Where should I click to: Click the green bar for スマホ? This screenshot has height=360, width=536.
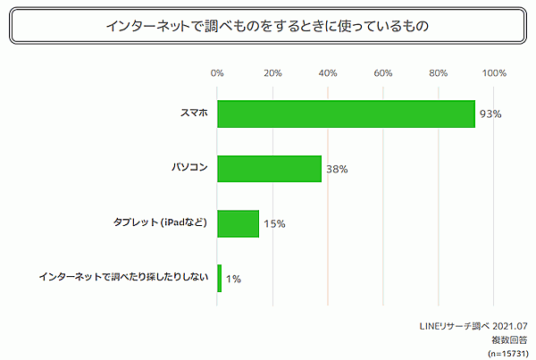pyautogui.click(x=346, y=114)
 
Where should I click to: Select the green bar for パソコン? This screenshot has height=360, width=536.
pyautogui.click(x=269, y=169)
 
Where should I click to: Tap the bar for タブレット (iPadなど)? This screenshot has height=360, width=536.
pyautogui.click(x=238, y=223)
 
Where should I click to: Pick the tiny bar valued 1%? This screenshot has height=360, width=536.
pyautogui.click(x=219, y=278)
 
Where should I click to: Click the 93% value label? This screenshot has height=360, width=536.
pyautogui.click(x=490, y=114)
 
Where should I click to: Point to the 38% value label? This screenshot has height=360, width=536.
pyautogui.click(x=337, y=169)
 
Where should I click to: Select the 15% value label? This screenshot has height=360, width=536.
pyautogui.click(x=274, y=223)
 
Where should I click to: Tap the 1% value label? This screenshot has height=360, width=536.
pyautogui.click(x=233, y=279)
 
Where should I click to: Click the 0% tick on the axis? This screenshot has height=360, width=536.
pyautogui.click(x=217, y=73)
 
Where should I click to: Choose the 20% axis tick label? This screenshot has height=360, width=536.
pyautogui.click(x=273, y=73)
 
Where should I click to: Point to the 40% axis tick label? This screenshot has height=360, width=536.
pyautogui.click(x=328, y=73)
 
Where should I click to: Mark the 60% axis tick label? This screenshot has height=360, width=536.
pyautogui.click(x=383, y=73)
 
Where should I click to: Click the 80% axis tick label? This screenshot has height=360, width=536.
pyautogui.click(x=439, y=73)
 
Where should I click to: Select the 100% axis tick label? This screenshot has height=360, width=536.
pyautogui.click(x=494, y=73)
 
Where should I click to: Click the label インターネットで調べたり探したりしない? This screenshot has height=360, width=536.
pyautogui.click(x=123, y=278)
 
